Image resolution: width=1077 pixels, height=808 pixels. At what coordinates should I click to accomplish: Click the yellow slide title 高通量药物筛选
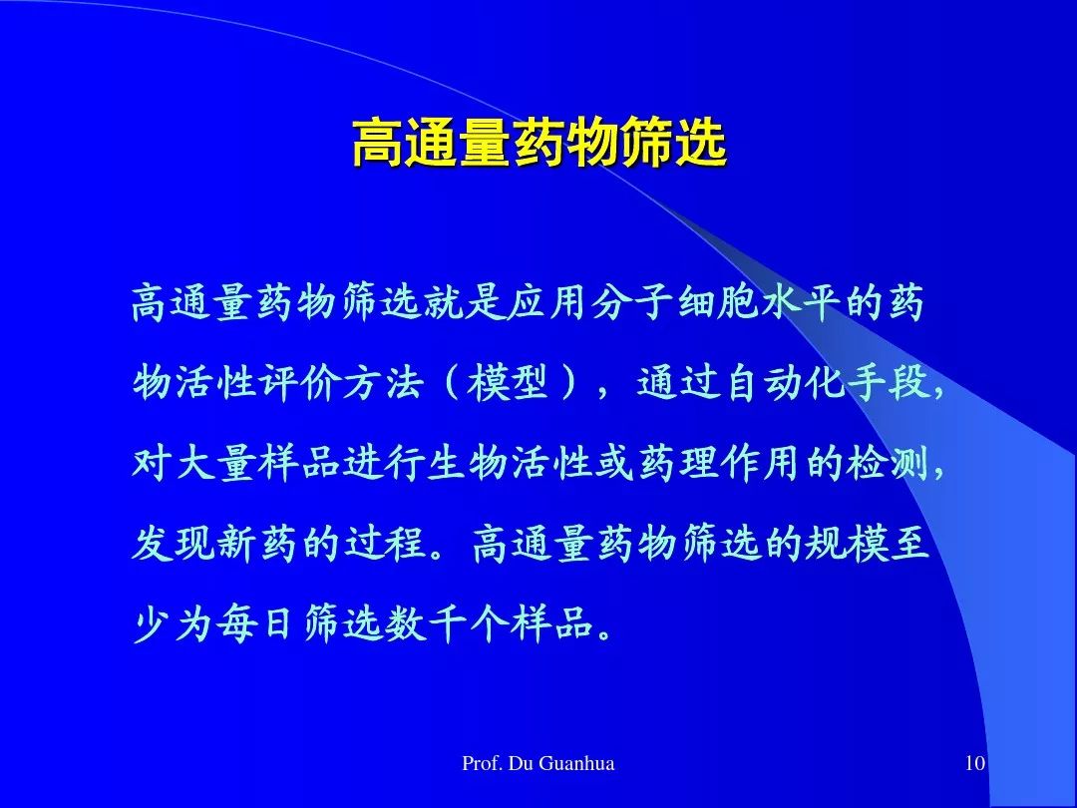[x=539, y=143]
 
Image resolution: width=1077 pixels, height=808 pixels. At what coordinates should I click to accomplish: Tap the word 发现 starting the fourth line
[x=174, y=543]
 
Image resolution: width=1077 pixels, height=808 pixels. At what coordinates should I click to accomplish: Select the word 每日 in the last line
[x=252, y=623]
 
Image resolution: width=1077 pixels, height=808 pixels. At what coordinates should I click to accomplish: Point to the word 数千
[x=427, y=623]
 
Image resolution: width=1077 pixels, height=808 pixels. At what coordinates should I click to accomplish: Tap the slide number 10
[x=975, y=763]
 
